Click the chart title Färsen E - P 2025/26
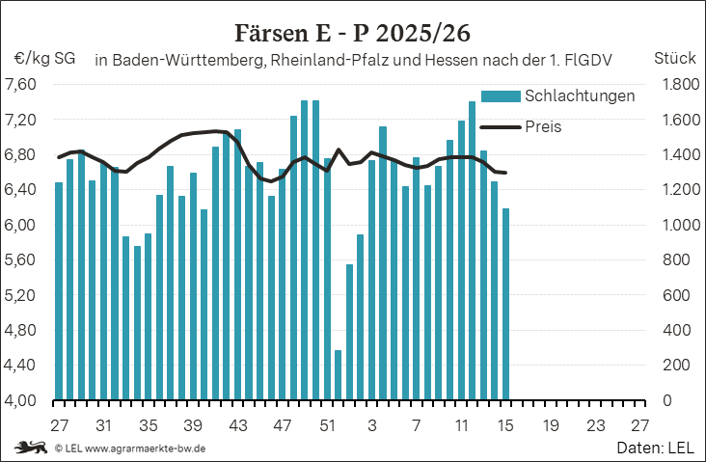353,32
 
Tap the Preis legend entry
544,126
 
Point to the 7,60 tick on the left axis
20,84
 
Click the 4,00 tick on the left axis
20,400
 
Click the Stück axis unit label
675,59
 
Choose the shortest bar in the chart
338,374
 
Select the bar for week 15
506,304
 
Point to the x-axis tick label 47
283,425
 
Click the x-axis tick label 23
595,425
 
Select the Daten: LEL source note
655,448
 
